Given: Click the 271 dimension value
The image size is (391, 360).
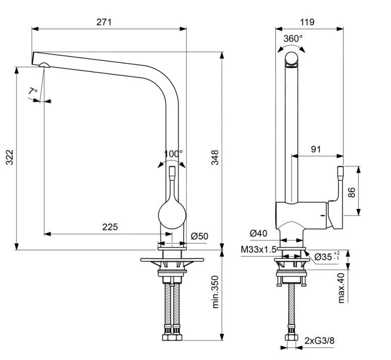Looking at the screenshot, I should (x=104, y=22).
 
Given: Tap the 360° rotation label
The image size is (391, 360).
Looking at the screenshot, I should (x=293, y=39).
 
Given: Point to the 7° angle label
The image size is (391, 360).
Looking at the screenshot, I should (x=33, y=91).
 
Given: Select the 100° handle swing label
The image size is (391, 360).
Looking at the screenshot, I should (x=173, y=153).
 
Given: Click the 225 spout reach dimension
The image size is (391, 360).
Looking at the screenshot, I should (x=110, y=227).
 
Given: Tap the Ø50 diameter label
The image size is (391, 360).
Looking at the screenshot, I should (x=199, y=236).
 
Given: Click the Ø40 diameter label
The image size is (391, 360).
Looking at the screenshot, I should (x=258, y=233).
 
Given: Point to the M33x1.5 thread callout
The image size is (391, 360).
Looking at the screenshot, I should (x=258, y=250).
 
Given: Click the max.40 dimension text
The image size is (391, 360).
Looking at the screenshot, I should (x=342, y=287).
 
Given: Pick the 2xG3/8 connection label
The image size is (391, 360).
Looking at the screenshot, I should (x=319, y=341).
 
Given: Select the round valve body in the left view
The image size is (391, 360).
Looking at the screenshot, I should (x=172, y=215).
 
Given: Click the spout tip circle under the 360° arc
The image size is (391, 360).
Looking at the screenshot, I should (x=291, y=59).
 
